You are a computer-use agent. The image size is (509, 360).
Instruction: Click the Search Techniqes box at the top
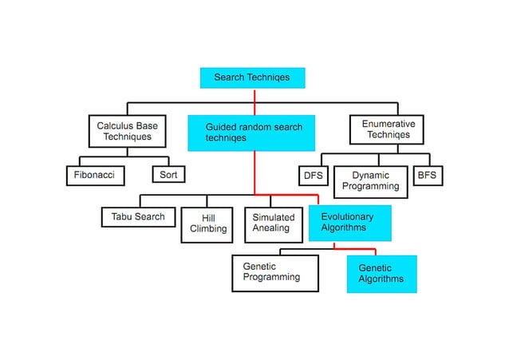[252, 77]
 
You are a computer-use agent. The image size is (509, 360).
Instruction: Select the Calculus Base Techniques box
[127, 131]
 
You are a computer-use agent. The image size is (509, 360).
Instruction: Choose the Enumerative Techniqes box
[388, 129]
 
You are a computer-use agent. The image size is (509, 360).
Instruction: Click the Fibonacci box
[94, 175]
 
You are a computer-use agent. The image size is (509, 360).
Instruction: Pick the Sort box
[168, 175]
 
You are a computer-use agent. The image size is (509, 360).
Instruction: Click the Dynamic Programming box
[370, 181]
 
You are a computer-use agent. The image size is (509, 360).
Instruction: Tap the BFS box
[427, 175]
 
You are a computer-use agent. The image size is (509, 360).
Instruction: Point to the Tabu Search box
[138, 217]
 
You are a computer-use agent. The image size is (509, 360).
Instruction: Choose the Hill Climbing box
[207, 224]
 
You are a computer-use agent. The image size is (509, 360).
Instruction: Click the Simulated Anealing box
[273, 223]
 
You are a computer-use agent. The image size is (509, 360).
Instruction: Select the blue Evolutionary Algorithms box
[349, 223]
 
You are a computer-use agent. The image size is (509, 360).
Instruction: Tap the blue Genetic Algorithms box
[381, 274]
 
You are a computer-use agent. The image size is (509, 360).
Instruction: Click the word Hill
[208, 218]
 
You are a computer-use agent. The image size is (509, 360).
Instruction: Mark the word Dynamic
[370, 176]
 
